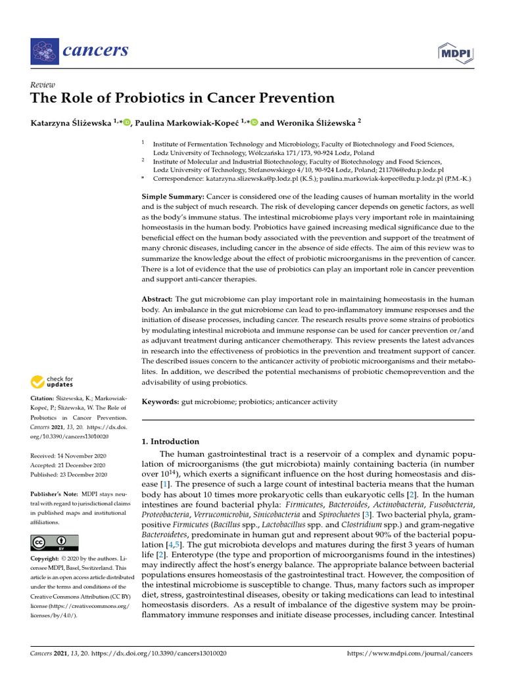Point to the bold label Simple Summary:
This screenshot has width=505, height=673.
[173, 197]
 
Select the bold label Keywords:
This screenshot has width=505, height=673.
[160, 402]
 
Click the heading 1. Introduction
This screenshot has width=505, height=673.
[170, 441]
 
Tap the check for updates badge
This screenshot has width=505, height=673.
[51, 381]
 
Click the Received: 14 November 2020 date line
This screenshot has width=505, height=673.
[68, 455]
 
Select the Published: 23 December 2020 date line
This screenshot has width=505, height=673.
[68, 474]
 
